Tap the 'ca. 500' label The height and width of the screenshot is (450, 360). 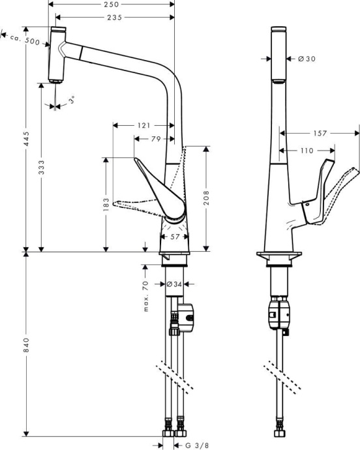(26, 40)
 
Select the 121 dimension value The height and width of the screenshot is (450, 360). (144, 125)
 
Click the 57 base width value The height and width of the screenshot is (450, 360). (175, 237)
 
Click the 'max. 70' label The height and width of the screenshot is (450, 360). (145, 295)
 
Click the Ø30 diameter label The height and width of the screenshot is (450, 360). (307, 59)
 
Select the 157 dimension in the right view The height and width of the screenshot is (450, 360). (320, 134)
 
